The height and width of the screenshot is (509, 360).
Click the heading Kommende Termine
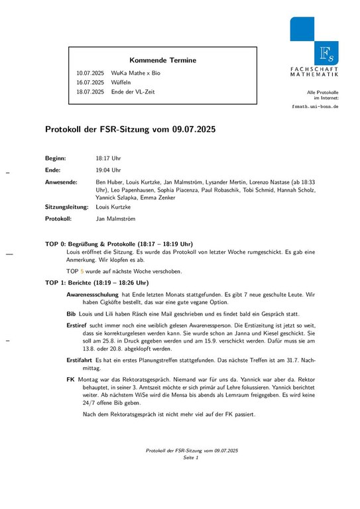click(162, 60)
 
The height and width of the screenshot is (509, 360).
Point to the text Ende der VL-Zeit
click(133, 91)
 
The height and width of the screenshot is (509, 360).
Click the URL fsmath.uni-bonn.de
click(316, 106)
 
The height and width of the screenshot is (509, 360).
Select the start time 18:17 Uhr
click(108, 159)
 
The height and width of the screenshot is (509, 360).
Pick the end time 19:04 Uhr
click(108, 170)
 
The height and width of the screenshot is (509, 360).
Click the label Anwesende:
click(61, 182)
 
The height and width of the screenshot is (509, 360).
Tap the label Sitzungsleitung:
click(66, 207)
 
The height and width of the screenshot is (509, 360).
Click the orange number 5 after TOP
click(82, 271)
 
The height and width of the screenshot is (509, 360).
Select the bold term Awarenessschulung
click(93, 294)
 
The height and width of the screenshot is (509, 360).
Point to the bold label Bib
click(71, 313)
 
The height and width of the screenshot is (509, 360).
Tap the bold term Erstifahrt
click(80, 359)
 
